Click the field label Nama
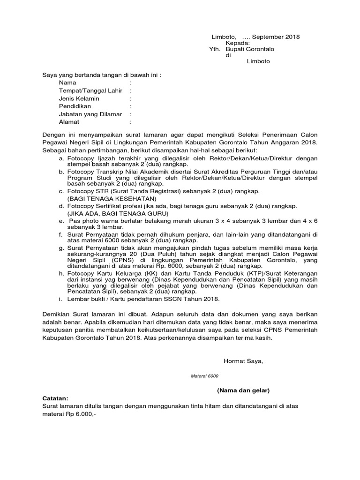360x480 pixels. click(x=67, y=82)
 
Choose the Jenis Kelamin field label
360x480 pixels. click(x=79, y=98)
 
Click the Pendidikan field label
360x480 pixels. click(x=75, y=106)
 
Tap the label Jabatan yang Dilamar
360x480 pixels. click(x=90, y=114)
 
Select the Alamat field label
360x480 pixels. click(x=69, y=122)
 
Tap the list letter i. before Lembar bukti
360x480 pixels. click(x=61, y=299)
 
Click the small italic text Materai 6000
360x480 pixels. click(x=204, y=376)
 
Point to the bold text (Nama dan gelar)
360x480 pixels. click(x=243, y=390)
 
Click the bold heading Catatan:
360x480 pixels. click(x=55, y=397)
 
